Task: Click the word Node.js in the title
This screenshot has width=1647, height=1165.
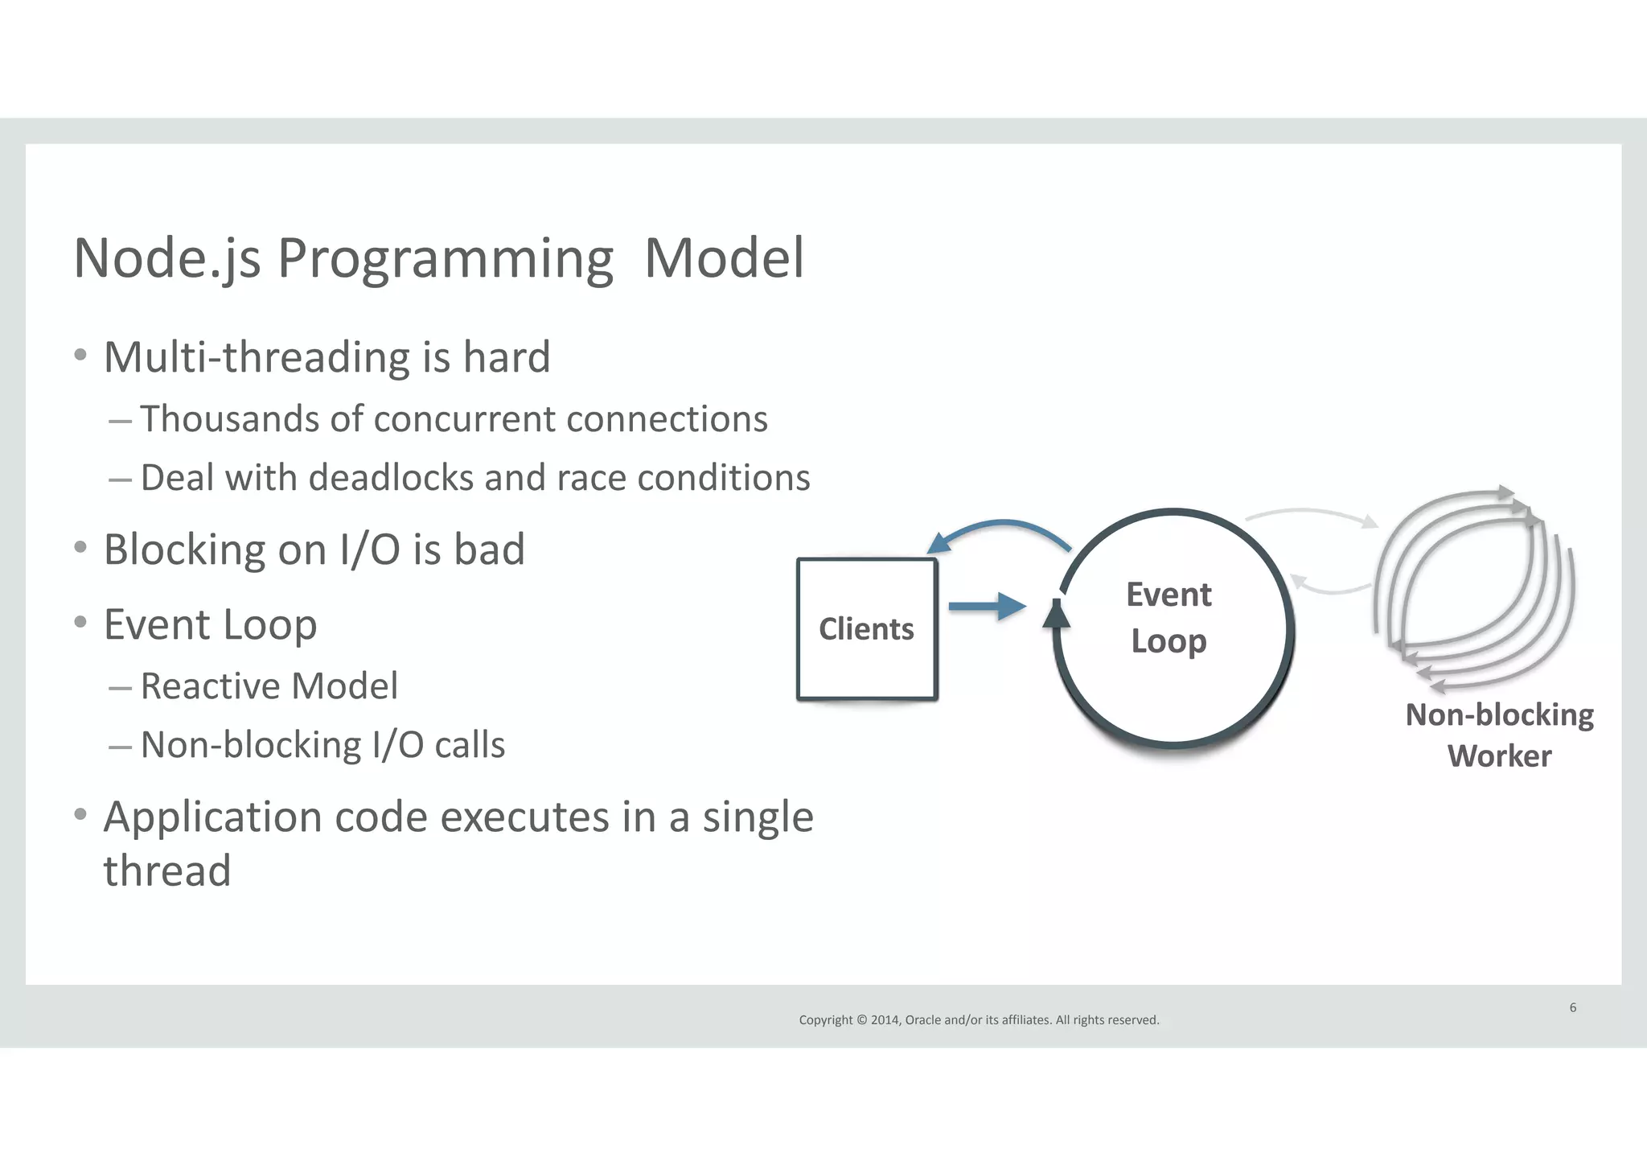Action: click(167, 259)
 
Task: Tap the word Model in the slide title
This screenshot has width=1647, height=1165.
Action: click(724, 259)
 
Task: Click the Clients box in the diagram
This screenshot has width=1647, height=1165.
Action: click(866, 629)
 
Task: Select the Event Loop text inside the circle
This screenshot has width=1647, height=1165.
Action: click(1169, 618)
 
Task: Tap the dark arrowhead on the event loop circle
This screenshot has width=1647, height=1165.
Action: click(1056, 615)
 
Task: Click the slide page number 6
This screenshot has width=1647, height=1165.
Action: click(1573, 1007)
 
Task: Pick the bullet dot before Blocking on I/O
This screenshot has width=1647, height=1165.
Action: click(80, 548)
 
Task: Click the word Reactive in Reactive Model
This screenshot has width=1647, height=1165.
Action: click(210, 686)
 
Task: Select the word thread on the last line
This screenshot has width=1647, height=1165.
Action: click(167, 871)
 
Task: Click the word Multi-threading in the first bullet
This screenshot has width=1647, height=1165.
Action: click(257, 357)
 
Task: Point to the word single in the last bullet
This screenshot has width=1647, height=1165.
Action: click(758, 817)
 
